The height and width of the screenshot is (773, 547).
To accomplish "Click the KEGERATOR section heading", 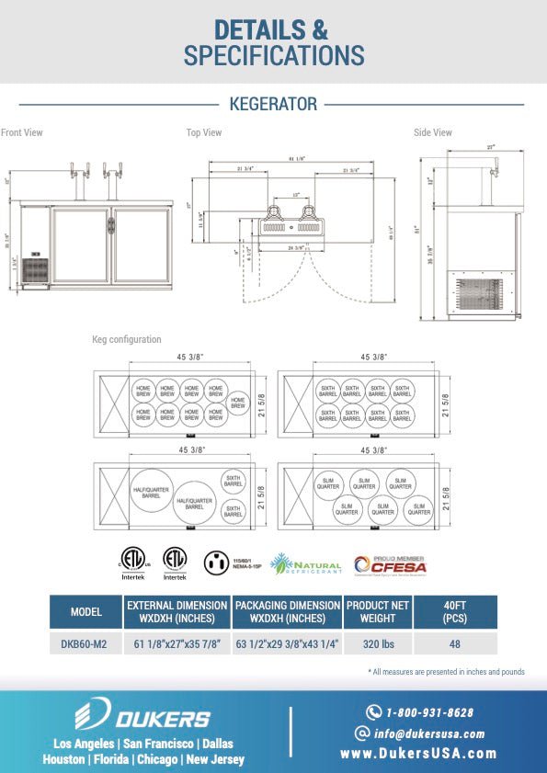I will [x=272, y=104].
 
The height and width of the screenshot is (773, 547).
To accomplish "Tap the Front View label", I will [x=22, y=133].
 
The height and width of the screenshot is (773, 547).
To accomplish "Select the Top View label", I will [x=204, y=133].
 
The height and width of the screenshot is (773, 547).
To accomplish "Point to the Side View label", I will [x=433, y=133].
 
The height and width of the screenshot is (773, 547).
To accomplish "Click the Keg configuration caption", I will [x=127, y=340].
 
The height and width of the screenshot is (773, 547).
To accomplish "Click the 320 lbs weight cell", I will [x=378, y=644].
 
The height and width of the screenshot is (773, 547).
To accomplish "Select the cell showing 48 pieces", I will [x=454, y=644].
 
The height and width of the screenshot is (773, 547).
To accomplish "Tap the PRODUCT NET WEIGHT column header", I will [x=378, y=612].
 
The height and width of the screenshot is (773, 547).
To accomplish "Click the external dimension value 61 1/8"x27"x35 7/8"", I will [x=177, y=644].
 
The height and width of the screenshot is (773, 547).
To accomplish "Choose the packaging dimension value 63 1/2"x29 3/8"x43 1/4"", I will [x=288, y=644].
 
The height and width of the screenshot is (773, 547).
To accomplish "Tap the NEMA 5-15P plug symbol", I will [x=216, y=562].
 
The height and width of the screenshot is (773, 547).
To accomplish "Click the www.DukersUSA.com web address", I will [x=419, y=754].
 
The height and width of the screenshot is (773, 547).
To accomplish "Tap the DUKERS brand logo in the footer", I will [x=142, y=717].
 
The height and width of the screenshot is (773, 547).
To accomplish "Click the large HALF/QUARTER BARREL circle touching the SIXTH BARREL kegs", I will [x=194, y=502].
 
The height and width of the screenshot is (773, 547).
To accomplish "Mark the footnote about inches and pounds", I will [x=446, y=672].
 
